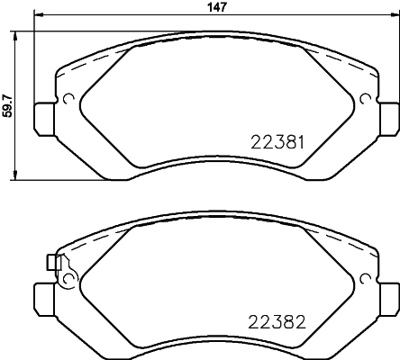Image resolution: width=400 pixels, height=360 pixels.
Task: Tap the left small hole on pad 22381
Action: click(x=68, y=99)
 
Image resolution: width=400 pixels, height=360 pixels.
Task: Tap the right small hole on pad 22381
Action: click(x=365, y=99)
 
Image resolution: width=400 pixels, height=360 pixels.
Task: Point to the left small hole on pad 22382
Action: click(x=68, y=278)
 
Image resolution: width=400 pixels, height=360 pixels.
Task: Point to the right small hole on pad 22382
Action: click(x=365, y=278)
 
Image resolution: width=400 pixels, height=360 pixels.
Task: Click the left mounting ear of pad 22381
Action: click(x=42, y=116)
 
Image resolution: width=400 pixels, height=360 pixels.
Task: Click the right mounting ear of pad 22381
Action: click(x=389, y=116)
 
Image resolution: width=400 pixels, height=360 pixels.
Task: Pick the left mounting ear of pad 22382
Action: click(x=42, y=295)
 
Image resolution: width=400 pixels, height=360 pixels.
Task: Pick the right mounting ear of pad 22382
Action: click(x=389, y=295)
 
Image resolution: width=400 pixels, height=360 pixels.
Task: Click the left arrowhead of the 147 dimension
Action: click(x=37, y=18)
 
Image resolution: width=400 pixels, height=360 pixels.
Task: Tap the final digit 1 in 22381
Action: click(x=307, y=141)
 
